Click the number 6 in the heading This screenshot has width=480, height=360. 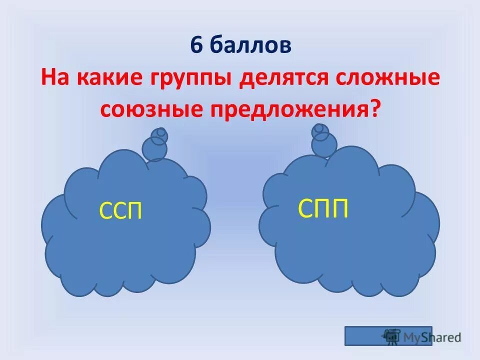[196, 46]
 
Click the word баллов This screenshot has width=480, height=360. [250, 46]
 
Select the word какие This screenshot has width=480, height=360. [108, 79]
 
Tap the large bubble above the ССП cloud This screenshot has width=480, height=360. [154, 147]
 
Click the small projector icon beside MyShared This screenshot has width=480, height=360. [391, 336]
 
